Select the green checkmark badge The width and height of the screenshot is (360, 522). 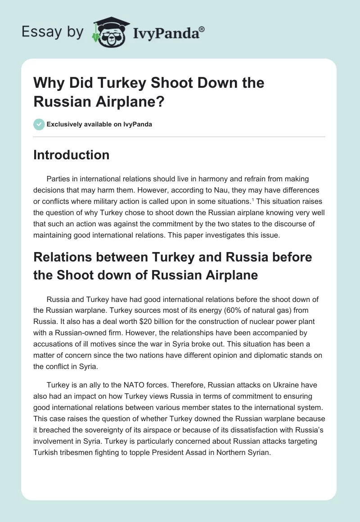[x=39, y=124]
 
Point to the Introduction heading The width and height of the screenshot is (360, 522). [x=71, y=155]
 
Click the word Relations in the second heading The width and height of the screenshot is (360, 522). [x=62, y=257]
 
